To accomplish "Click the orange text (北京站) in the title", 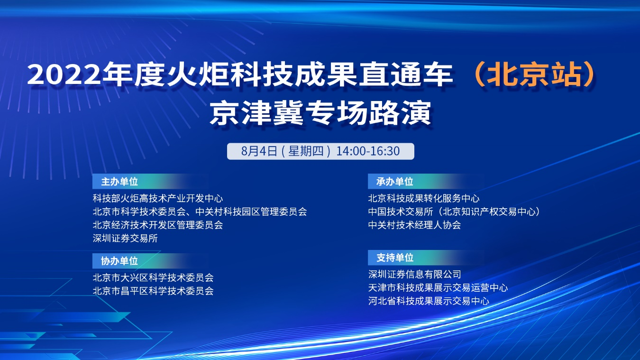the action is [x=534, y=75].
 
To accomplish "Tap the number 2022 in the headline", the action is [x=64, y=75].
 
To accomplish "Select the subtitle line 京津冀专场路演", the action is [x=320, y=113].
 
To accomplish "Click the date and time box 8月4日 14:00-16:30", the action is [x=320, y=151].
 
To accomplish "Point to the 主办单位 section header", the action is [x=119, y=182].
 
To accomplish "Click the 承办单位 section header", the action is [x=395, y=182].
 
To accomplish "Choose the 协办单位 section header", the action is [x=119, y=261].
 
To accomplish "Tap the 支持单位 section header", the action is [x=395, y=258].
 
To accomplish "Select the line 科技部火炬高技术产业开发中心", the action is [x=158, y=198].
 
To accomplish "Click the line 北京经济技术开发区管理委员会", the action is [x=158, y=225].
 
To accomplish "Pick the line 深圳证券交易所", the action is [x=125, y=238].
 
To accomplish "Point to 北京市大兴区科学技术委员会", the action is [x=153, y=277].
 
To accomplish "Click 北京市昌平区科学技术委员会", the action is [x=153, y=291].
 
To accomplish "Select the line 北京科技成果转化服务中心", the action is [x=424, y=198].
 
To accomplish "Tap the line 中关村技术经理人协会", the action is [x=414, y=225].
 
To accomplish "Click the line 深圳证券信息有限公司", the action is [x=414, y=275].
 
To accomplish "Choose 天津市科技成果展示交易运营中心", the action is [x=438, y=287].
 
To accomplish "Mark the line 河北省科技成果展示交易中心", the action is [x=429, y=301].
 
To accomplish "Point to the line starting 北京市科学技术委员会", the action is [x=200, y=212].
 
